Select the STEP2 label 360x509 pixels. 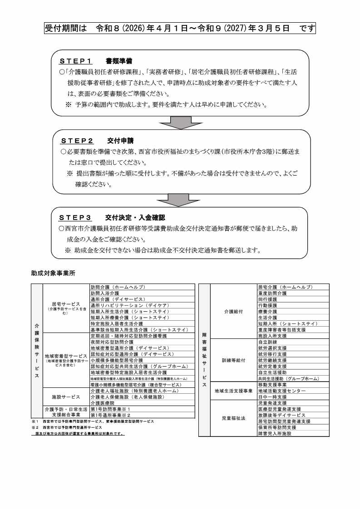tap(77, 141)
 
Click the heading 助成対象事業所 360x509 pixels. tap(53, 274)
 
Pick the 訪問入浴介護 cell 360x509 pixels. tap(105, 294)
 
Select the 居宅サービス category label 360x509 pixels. tap(66, 303)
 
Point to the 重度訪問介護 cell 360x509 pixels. tap(272, 294)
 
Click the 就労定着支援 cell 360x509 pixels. tap(272, 366)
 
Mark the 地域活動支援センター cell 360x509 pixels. tap(281, 391)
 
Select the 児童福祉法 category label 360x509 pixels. tap(233, 418)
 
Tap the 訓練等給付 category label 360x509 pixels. tap(233, 360)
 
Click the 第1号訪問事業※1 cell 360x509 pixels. tap(111, 409)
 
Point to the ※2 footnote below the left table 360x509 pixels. tap(34, 427)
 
